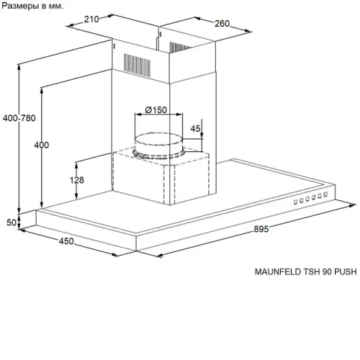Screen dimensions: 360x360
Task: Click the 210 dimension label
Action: click(x=91, y=19)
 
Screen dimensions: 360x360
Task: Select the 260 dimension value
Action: click(x=222, y=24)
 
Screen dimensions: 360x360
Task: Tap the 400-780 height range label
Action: click(x=19, y=118)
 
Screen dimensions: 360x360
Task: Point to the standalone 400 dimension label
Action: click(x=42, y=145)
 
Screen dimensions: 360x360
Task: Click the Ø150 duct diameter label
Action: click(x=156, y=110)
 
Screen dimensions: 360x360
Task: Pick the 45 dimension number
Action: click(x=195, y=129)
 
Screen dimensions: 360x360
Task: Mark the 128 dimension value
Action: click(x=77, y=180)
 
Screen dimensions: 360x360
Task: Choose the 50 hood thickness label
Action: click(x=12, y=222)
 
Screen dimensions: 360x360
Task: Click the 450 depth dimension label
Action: click(x=66, y=241)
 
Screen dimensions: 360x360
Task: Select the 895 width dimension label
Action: click(x=261, y=229)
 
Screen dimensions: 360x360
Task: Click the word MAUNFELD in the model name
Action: click(x=278, y=271)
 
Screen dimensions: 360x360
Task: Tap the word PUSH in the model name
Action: click(x=346, y=271)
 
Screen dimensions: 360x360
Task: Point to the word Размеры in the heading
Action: click(x=21, y=6)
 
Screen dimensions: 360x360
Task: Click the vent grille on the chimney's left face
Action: click(x=137, y=66)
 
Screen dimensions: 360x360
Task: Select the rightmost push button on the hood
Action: click(x=325, y=194)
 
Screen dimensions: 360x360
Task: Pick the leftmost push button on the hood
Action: click(x=296, y=202)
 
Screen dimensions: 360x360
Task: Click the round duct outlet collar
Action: click(x=158, y=146)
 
